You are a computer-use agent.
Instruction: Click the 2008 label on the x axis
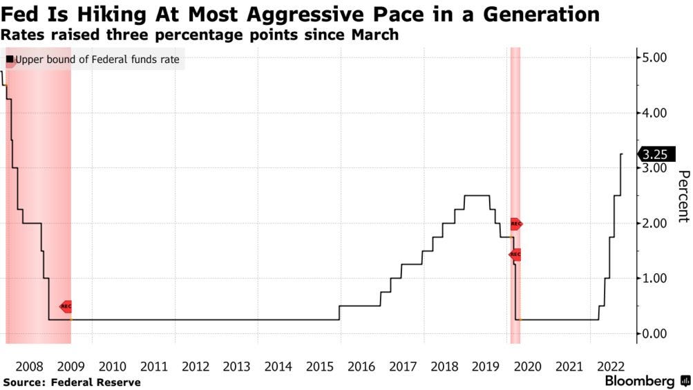[29, 366]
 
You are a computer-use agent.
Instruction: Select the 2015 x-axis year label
[320, 366]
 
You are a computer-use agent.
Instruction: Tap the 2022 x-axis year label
[610, 366]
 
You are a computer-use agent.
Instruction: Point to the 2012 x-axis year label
[196, 366]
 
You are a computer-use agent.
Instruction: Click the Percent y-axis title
[683, 196]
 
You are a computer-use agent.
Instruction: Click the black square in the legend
[10, 59]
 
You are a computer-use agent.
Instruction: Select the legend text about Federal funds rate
[97, 59]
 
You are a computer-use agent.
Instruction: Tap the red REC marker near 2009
[66, 306]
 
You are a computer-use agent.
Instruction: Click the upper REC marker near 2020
[515, 224]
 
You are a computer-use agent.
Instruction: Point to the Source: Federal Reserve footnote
[72, 382]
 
